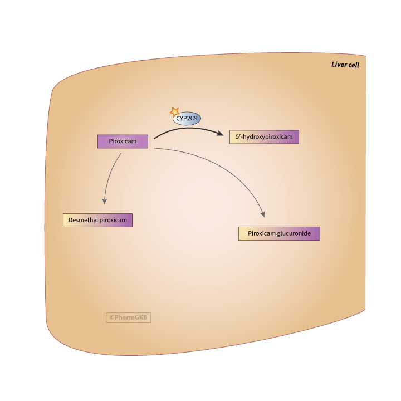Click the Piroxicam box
coord(123,141)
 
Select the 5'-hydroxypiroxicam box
coord(265,137)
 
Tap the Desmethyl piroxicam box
coord(97,220)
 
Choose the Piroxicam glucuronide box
coord(279,234)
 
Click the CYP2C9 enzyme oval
coord(187,119)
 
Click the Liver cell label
coord(345,65)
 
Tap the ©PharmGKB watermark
coord(129,317)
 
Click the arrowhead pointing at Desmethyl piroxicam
coord(104,201)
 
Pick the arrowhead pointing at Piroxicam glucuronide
coord(263,214)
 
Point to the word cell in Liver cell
coord(354,65)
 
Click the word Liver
coord(339,65)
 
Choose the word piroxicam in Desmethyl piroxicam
coord(114,220)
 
